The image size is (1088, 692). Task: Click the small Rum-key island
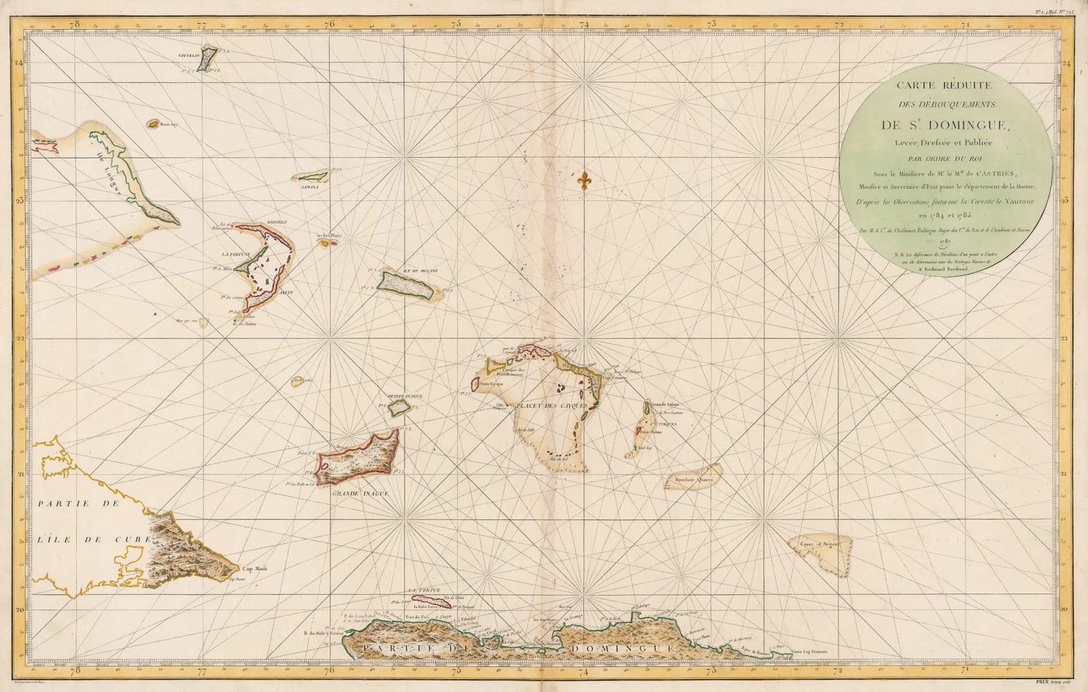pos(149,124)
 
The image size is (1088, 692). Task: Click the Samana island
pos(311,177)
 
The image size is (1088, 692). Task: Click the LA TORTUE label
pos(421,589)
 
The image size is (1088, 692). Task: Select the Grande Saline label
pos(666,404)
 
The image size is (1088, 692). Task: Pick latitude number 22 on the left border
pos(20,338)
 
